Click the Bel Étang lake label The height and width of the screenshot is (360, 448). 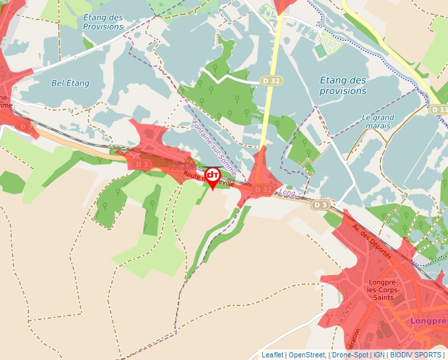(70, 84)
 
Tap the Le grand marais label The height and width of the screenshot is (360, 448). (378, 122)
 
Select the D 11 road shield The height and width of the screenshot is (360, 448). (439, 109)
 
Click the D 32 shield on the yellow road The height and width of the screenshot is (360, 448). (271, 80)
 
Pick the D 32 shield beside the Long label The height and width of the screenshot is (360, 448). (263, 190)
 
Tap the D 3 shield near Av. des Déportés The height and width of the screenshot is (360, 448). (320, 205)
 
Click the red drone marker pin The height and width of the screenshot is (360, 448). (213, 177)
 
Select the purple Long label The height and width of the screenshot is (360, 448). (287, 193)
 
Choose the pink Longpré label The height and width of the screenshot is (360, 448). (428, 321)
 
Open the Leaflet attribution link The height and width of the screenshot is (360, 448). (272, 355)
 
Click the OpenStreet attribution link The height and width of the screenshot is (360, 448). (307, 355)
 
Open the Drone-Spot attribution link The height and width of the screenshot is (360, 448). (349, 355)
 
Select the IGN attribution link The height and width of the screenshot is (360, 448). (379, 355)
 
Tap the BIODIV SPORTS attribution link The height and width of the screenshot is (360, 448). (416, 355)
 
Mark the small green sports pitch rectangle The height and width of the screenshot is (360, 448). (320, 51)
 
